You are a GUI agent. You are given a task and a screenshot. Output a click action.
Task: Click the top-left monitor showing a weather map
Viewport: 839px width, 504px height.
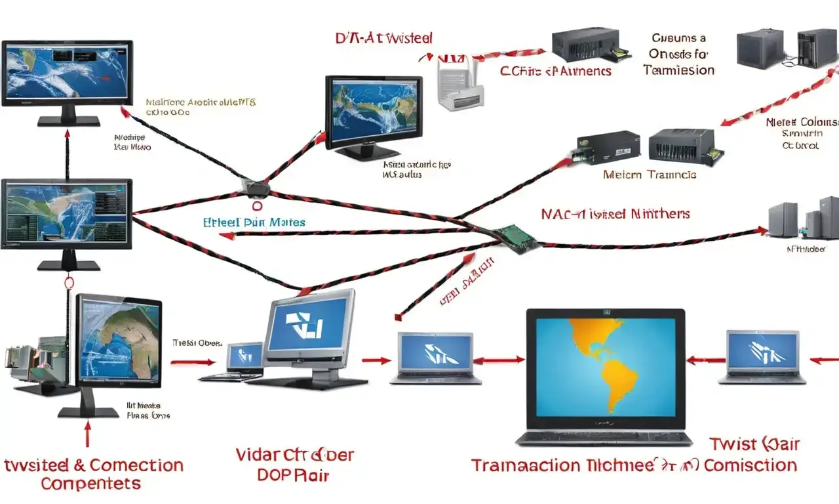click(x=68, y=73)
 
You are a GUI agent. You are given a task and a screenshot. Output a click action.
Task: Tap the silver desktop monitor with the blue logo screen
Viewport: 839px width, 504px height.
click(x=309, y=329)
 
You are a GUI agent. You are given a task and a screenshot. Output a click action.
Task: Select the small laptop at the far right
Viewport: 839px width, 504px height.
click(x=763, y=355)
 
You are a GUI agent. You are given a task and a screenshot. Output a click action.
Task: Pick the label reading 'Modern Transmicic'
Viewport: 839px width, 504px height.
click(x=650, y=175)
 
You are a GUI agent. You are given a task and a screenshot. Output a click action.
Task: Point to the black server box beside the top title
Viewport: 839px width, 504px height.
click(x=586, y=45)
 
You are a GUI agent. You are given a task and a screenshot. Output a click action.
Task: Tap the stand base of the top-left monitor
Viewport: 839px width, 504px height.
click(x=68, y=121)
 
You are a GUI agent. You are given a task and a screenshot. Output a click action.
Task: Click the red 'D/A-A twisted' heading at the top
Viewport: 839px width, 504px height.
click(x=383, y=38)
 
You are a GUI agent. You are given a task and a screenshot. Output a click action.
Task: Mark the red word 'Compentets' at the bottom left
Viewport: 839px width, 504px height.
click(x=90, y=484)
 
